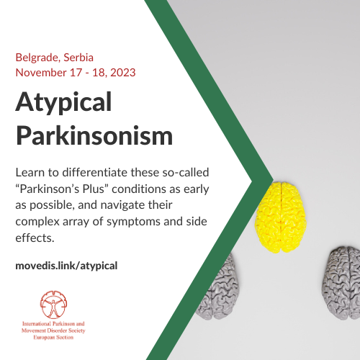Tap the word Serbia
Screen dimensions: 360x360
78,58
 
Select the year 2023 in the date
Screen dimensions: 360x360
123,73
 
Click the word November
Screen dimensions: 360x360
41,73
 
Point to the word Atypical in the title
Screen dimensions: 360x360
63,103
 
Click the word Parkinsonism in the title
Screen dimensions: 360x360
94,135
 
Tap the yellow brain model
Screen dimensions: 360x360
281,217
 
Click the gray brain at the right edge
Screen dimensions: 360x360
342,283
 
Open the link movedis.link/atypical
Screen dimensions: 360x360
66,266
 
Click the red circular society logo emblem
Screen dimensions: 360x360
53,305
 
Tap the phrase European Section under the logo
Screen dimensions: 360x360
53,337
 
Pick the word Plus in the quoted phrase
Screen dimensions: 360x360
95,189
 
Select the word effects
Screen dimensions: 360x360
35,238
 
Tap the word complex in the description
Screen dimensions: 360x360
37,222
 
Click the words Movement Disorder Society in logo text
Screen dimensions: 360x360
53,330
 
